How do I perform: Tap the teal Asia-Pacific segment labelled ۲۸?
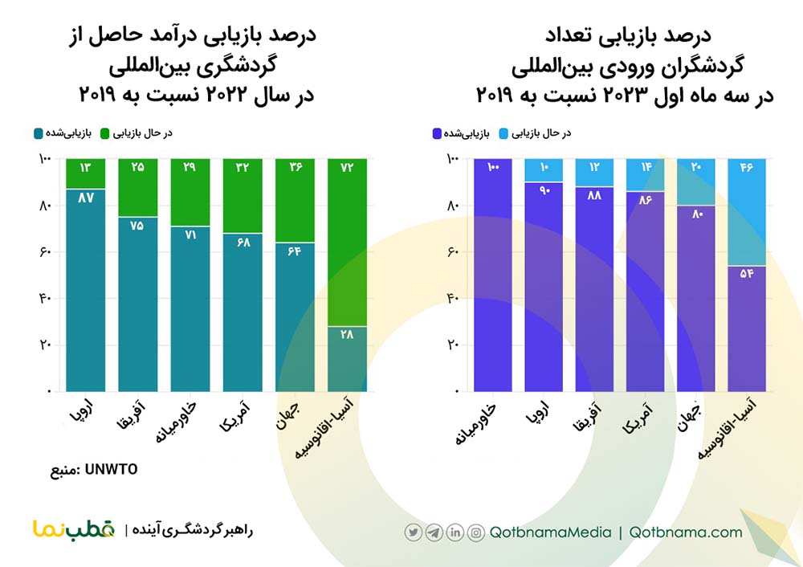coord(348,358)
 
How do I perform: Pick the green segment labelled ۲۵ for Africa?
coord(137,188)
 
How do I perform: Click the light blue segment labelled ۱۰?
coord(544,170)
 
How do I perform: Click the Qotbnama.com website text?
coord(686,532)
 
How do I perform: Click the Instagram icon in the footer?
coord(476,532)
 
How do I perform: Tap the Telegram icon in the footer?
coord(434,532)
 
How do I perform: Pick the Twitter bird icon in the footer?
coord(414,532)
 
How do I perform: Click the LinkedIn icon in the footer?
coord(455,532)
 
